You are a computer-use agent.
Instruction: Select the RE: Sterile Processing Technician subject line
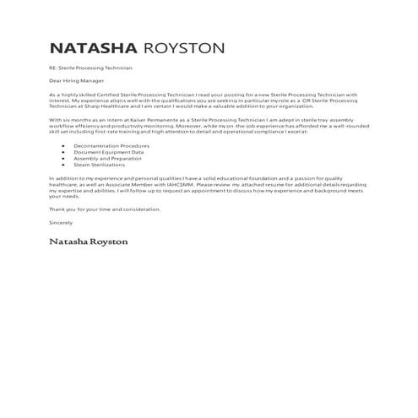(x=91, y=67)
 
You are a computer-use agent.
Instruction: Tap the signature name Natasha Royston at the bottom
(x=89, y=242)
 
